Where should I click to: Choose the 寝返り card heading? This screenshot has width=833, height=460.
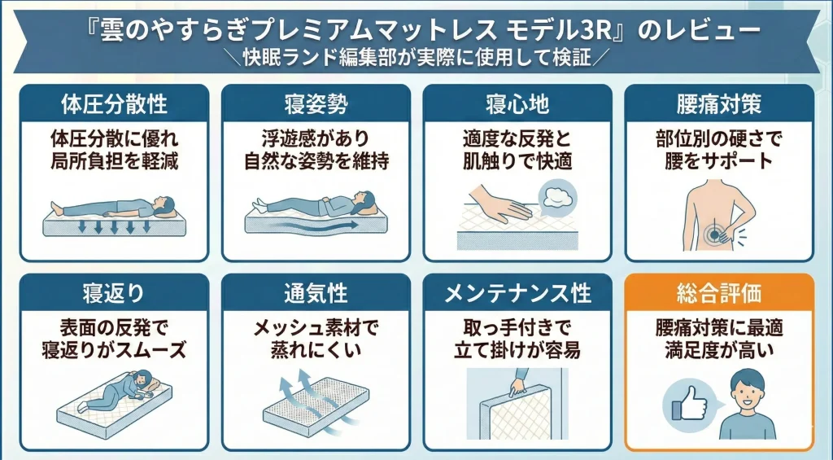[x=114, y=292]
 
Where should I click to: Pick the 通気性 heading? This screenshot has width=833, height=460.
[x=316, y=292]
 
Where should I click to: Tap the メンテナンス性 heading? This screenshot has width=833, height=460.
[x=517, y=292]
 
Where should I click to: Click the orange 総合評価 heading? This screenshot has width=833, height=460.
[x=718, y=292]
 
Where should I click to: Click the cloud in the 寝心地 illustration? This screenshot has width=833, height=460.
[x=556, y=195]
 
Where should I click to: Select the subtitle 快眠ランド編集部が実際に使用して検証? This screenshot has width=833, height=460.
[x=415, y=59]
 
